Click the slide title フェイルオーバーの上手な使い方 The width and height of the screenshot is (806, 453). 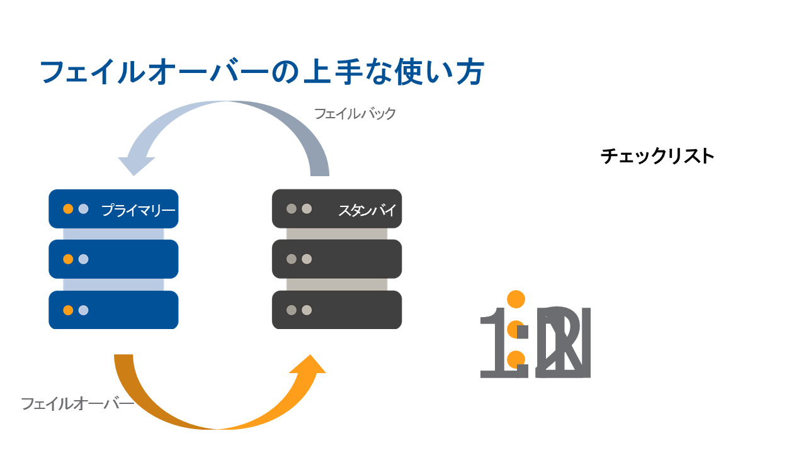[x=261, y=73]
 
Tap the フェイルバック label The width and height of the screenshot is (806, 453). [x=355, y=114]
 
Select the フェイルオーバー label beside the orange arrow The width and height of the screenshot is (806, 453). [x=77, y=403]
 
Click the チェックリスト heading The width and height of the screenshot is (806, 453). [x=657, y=156]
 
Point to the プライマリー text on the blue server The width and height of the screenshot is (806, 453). [x=138, y=210]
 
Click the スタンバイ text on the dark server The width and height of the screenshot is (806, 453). [x=367, y=210]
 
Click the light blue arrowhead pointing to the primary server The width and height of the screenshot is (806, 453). [x=137, y=164]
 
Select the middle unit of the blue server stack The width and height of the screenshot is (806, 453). [x=113, y=259]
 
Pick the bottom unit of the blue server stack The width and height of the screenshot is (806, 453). [x=113, y=310]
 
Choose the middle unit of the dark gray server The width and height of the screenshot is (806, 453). [x=337, y=259]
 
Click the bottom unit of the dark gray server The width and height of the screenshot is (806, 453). [x=337, y=310]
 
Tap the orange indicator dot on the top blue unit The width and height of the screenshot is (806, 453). [x=68, y=209]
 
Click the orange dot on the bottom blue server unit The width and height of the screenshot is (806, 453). [x=68, y=310]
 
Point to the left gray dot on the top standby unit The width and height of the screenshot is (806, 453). [x=291, y=209]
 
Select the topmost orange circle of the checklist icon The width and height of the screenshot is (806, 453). [x=516, y=299]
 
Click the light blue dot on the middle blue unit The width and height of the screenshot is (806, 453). [x=83, y=259]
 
